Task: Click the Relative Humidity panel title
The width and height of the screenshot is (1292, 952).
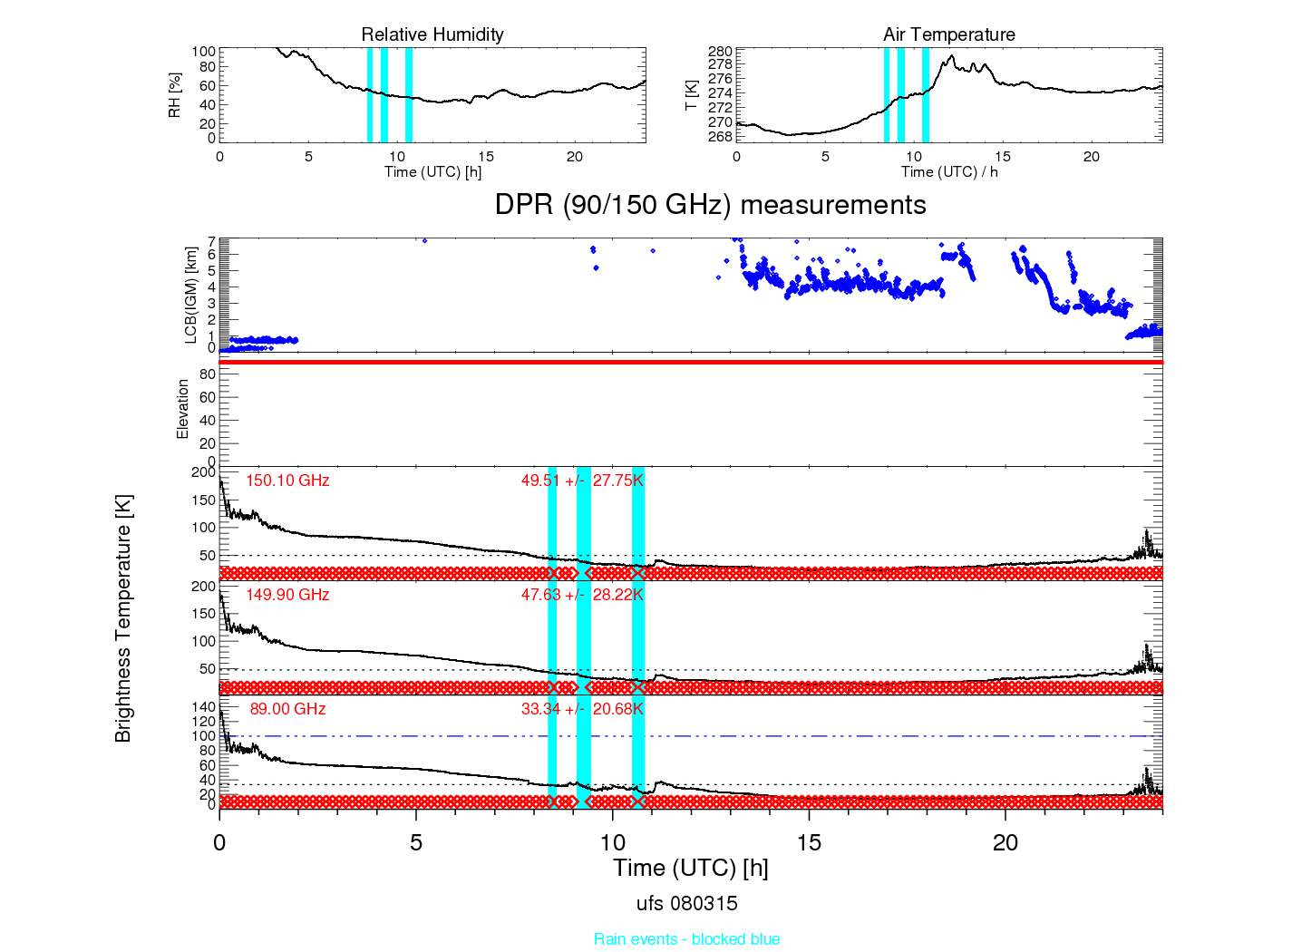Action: [432, 34]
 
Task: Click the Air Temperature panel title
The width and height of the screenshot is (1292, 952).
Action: [949, 34]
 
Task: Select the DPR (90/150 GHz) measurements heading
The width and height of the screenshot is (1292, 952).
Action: [711, 205]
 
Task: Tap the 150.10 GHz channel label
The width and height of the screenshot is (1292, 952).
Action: [287, 481]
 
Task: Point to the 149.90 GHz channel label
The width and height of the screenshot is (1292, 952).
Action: [287, 595]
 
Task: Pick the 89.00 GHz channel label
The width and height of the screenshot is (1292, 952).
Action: [287, 709]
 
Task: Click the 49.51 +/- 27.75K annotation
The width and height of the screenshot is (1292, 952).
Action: [583, 481]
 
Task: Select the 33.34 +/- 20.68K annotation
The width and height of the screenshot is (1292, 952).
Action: [583, 709]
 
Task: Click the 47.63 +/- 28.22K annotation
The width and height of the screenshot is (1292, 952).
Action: [583, 595]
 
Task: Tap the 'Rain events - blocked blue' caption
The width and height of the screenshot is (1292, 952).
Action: [687, 939]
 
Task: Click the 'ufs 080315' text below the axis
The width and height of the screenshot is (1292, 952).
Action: [687, 904]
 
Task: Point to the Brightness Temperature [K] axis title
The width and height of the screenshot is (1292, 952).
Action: [123, 618]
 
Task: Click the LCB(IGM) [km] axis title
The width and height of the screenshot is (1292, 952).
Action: [191, 296]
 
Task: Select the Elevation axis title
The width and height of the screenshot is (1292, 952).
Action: [183, 409]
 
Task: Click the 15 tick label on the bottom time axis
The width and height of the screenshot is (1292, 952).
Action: [810, 843]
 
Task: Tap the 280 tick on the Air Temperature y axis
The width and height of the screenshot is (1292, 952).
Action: [721, 52]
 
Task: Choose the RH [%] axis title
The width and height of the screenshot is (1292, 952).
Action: [175, 95]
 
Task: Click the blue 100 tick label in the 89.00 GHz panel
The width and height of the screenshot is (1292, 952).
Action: [204, 736]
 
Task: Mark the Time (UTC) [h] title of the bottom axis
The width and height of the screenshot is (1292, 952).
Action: [690, 869]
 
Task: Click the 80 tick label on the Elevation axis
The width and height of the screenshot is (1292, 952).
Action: [208, 374]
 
